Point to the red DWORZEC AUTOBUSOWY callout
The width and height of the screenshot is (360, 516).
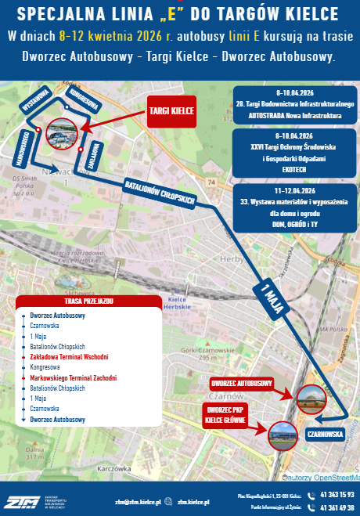[x=243, y=384]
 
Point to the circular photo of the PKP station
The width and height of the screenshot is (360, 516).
[x=283, y=435]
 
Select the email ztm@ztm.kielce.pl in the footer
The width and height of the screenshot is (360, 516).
[x=138, y=502]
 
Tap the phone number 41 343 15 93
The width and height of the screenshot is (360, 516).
[x=337, y=495]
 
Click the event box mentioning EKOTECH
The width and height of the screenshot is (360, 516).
[x=294, y=149]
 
